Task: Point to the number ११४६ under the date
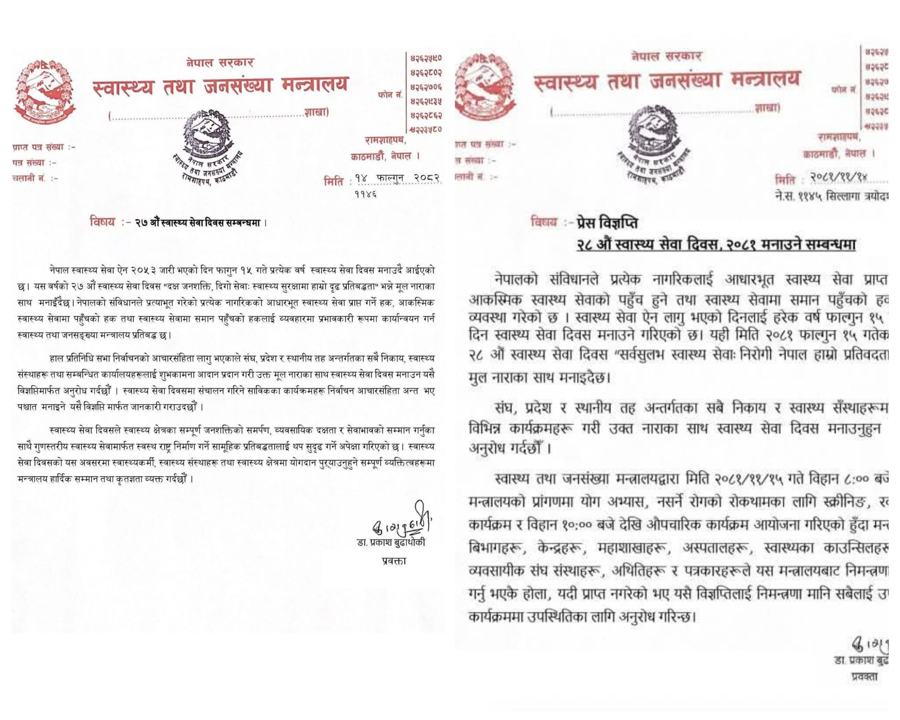[365, 194]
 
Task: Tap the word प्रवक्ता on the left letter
[394, 561]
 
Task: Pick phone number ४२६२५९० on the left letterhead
[426, 58]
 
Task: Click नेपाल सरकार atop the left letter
[220, 63]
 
